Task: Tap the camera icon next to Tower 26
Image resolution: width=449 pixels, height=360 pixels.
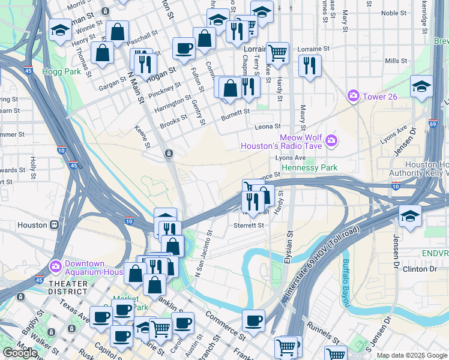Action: [x=354, y=95]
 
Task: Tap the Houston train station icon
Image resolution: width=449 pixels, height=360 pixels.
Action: [x=54, y=225]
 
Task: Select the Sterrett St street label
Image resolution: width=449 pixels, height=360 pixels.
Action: [x=249, y=226]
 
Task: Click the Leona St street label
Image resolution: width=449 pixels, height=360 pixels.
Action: [x=268, y=127]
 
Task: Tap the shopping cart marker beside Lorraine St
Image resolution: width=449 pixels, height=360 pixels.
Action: [x=277, y=53]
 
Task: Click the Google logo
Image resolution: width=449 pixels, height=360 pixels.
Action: [x=20, y=353]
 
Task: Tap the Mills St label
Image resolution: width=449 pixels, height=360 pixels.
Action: [x=396, y=61]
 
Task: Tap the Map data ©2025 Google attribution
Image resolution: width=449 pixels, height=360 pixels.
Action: [x=412, y=355]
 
